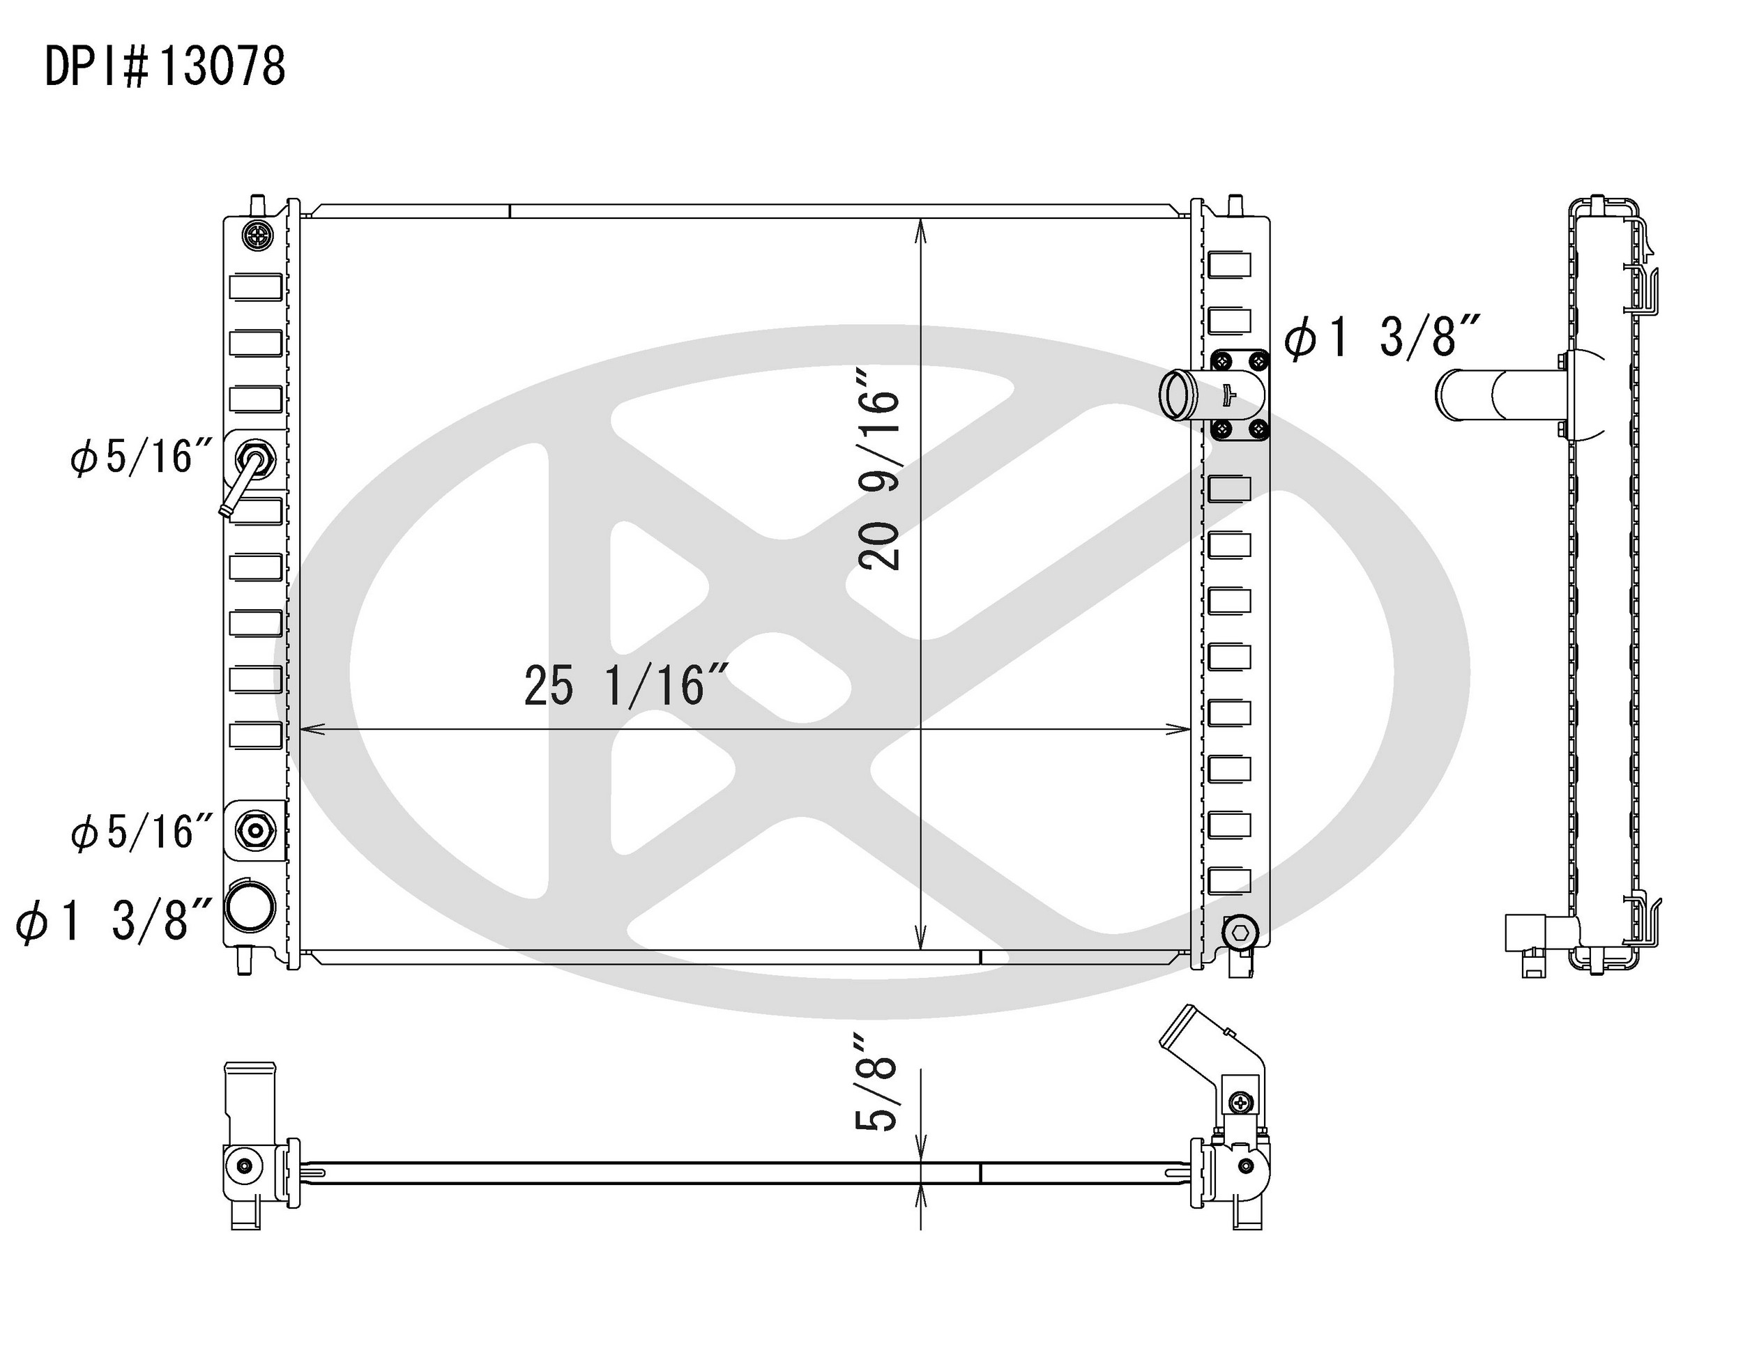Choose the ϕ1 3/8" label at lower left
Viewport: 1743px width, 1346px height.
tap(114, 920)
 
